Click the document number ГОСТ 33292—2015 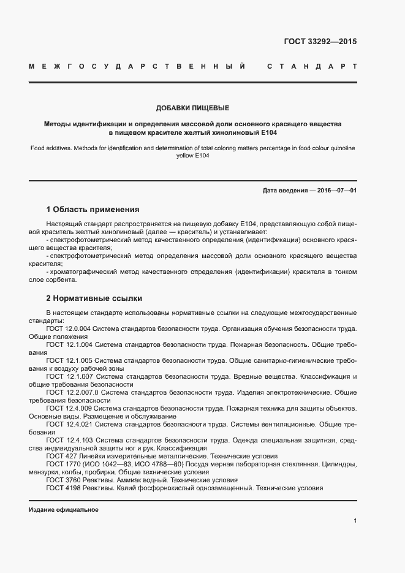click(x=320, y=42)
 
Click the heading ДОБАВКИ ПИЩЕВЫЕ click(x=192, y=108)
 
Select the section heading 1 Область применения click(x=93, y=209)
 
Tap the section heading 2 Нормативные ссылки click(x=94, y=298)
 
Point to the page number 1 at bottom click(x=355, y=521)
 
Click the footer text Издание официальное click(x=64, y=510)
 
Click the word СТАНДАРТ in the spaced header click(x=312, y=66)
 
